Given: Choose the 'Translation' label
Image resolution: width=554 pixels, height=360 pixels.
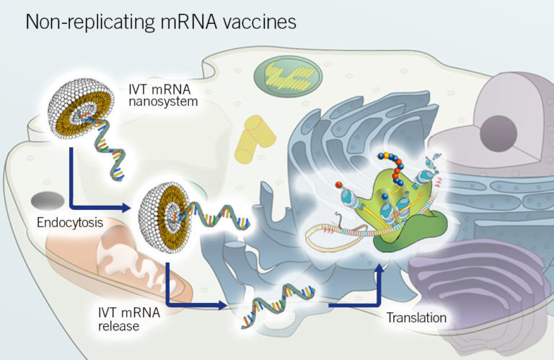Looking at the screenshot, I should pos(416,317).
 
